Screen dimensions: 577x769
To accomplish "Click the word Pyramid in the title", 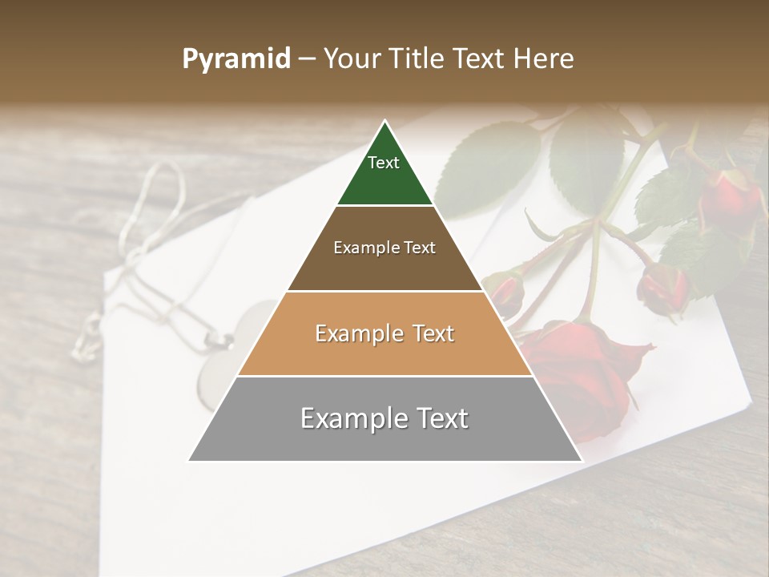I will click(236, 59).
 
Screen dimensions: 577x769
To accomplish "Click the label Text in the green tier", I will click(384, 163).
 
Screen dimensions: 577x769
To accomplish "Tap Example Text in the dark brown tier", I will click(384, 248).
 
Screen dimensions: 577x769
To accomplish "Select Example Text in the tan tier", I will click(384, 333).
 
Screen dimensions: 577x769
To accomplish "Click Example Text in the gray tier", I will click(384, 418).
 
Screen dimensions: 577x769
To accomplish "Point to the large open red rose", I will click(581, 369).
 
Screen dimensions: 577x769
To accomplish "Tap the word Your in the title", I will click(352, 59).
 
